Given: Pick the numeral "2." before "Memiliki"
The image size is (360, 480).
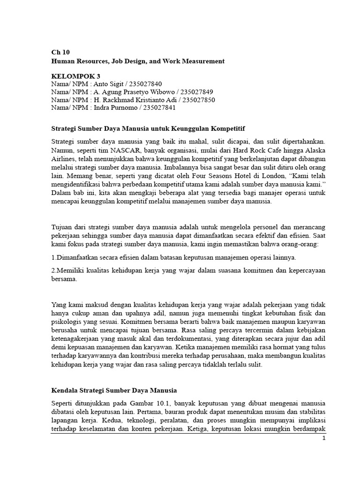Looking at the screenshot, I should (x=53, y=271).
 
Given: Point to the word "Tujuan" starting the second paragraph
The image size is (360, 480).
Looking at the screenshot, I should (x=62, y=227).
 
